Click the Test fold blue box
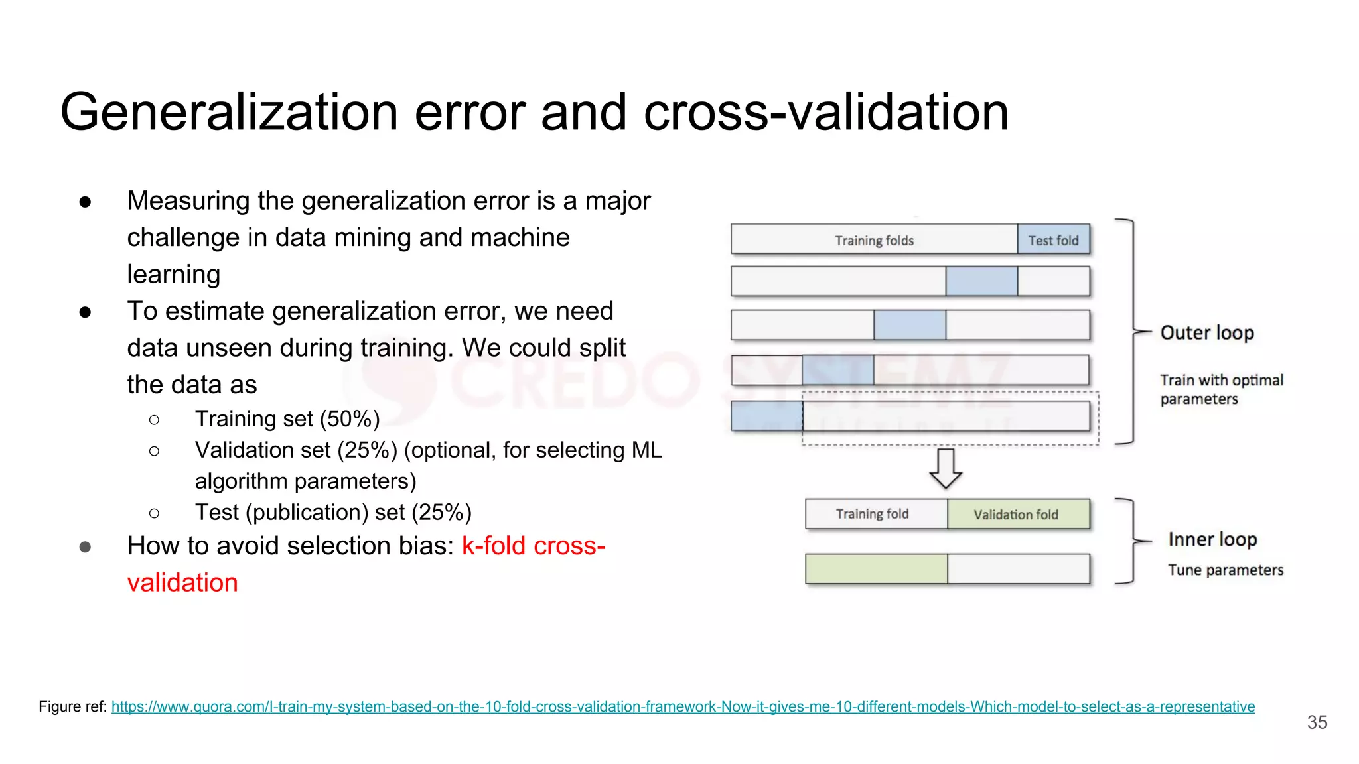coord(1053,240)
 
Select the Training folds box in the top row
coord(874,240)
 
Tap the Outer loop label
coord(1206,332)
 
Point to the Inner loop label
coord(1212,539)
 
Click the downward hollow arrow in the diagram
coord(946,468)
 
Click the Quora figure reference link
coord(683,707)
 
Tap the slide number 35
coord(1317,722)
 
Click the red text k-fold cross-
coord(534,546)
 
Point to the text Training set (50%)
coord(287,419)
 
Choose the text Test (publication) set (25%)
coord(333,513)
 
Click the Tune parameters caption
coord(1226,570)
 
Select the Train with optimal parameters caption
coord(1221,389)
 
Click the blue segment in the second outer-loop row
coord(981,281)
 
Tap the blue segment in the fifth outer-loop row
coord(766,416)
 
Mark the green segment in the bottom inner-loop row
coord(876,569)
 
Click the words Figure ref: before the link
coord(72,707)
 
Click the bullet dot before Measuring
coord(85,202)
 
